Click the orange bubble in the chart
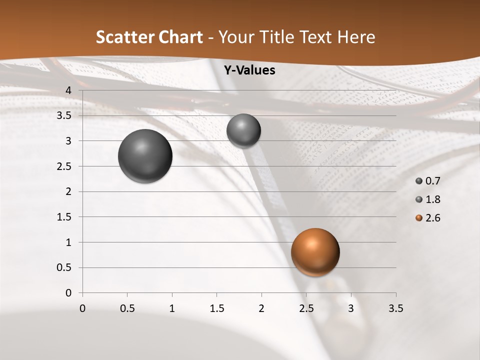point(315,252)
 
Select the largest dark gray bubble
point(145,156)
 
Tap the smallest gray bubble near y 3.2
point(243,130)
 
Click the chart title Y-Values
point(249,70)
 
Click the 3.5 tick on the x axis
point(395,308)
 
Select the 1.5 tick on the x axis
point(216,308)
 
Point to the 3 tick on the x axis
point(351,308)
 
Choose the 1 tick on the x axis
point(172,308)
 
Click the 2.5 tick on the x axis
point(306,308)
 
